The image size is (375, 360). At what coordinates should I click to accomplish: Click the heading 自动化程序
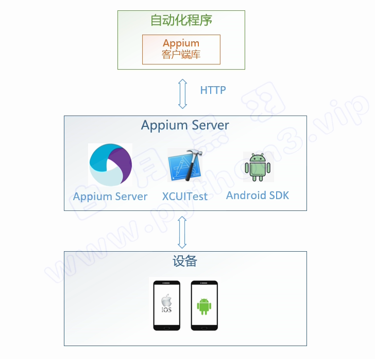181,21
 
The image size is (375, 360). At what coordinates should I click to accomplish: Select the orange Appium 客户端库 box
181,50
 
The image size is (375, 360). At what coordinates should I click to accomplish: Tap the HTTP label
213,90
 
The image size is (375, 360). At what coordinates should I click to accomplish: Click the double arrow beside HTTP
182,93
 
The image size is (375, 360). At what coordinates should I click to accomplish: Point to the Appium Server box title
185,125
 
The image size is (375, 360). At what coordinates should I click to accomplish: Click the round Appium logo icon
110,165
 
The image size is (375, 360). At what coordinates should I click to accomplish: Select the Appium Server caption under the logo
110,197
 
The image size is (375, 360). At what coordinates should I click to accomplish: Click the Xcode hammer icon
184,166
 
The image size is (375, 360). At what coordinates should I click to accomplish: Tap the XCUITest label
185,197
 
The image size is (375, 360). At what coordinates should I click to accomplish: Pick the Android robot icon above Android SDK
258,167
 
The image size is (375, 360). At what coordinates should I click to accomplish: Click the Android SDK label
258,195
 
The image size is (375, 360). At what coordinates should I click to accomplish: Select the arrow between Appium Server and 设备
182,232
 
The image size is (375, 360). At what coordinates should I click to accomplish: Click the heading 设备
185,261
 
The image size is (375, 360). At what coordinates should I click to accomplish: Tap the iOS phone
166,305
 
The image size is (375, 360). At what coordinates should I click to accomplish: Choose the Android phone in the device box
204,305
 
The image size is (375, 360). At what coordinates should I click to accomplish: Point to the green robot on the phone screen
204,306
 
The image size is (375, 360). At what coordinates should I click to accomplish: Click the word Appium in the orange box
181,43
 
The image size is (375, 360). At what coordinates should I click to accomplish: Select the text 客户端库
181,55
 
